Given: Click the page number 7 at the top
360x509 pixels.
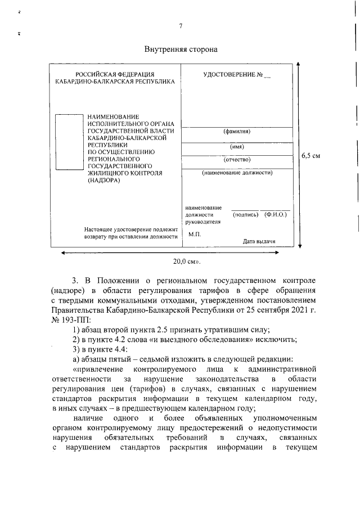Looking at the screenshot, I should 181,26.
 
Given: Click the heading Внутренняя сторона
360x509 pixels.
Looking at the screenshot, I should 181,49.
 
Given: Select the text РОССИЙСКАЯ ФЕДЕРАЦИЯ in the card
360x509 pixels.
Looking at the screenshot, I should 115,74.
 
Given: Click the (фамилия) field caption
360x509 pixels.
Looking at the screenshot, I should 237,132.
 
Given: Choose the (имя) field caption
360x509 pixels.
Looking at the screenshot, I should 237,146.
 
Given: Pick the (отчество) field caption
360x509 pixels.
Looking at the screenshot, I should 237,160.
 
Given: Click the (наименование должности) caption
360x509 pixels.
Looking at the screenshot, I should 237,173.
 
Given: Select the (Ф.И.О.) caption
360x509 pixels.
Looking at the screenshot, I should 275,215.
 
